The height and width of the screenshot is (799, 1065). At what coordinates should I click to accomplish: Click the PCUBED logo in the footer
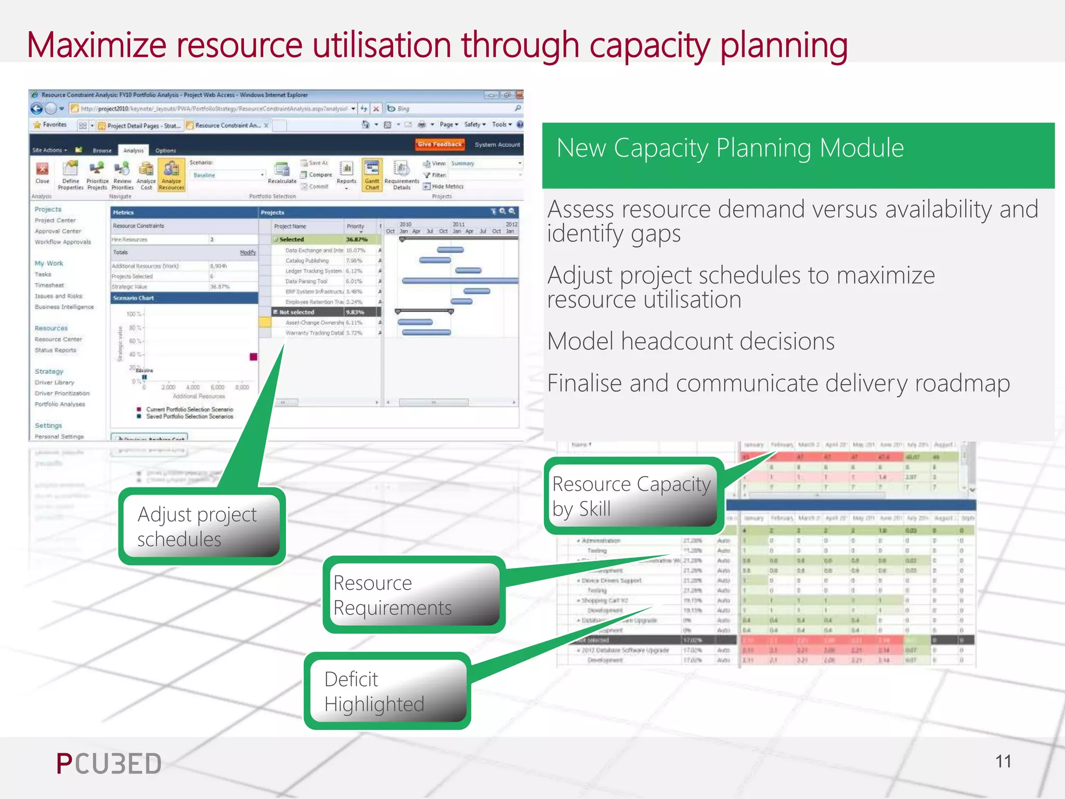pos(109,764)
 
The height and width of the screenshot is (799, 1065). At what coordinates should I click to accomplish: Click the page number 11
pos(1003,762)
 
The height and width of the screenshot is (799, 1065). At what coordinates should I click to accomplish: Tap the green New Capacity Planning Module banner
pos(798,155)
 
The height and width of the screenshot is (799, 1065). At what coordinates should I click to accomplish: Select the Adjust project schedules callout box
pos(202,526)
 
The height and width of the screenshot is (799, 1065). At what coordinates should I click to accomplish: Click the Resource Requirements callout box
pos(413,595)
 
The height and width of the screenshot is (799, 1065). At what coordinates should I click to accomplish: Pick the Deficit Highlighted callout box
pos(387,691)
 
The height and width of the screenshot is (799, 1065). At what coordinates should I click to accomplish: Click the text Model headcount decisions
pos(691,342)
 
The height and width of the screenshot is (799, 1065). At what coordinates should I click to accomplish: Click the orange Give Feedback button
pos(439,145)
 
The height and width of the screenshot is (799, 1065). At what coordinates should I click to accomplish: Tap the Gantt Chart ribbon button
pos(372,175)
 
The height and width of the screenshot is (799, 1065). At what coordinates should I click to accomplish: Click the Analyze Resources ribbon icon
pos(171,175)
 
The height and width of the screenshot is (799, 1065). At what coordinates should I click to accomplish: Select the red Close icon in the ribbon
pos(42,170)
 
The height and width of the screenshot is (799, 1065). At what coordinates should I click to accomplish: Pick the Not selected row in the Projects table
pos(297,312)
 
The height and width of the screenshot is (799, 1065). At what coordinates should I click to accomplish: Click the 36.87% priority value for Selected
pos(357,239)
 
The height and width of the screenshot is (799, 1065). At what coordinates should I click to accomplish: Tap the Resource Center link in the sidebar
pos(58,339)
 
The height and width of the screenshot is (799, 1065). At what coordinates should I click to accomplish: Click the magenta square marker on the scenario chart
pos(253,357)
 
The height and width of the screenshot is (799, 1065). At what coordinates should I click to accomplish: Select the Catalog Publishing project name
pos(307,261)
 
